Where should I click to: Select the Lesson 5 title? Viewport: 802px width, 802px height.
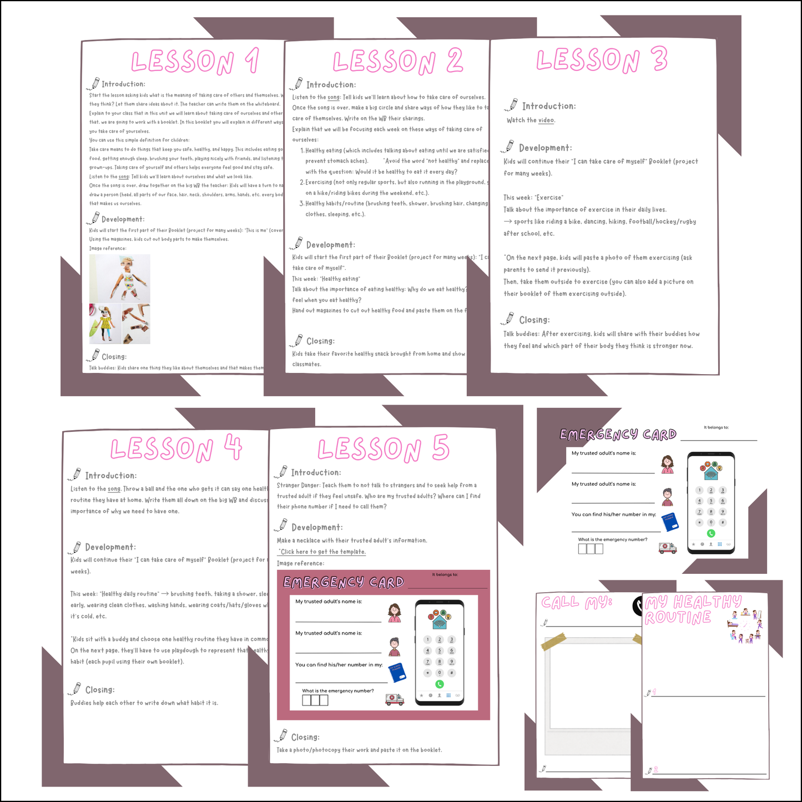pos(383,448)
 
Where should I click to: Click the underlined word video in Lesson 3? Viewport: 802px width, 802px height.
pos(546,120)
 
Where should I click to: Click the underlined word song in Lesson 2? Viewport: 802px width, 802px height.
pos(334,98)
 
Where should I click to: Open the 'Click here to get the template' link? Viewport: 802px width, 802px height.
pos(322,552)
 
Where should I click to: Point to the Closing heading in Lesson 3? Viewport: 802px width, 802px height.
pos(534,320)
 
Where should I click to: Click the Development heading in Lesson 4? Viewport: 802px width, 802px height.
pos(110,547)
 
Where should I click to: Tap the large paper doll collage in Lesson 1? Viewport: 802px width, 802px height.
pos(120,279)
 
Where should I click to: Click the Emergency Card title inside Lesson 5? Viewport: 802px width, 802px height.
pos(344,582)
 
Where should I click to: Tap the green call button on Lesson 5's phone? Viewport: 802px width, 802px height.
pos(440,684)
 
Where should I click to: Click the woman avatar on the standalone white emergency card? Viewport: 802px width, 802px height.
pos(668,464)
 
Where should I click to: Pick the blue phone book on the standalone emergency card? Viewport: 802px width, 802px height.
pos(670,522)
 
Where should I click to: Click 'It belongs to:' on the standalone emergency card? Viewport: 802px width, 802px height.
pos(716,427)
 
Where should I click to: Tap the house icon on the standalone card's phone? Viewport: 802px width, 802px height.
pos(712,472)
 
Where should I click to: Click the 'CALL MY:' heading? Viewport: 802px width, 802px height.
pos(577,603)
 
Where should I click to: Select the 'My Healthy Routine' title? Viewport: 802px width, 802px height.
pos(692,609)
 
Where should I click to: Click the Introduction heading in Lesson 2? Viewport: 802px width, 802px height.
pos(331,85)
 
